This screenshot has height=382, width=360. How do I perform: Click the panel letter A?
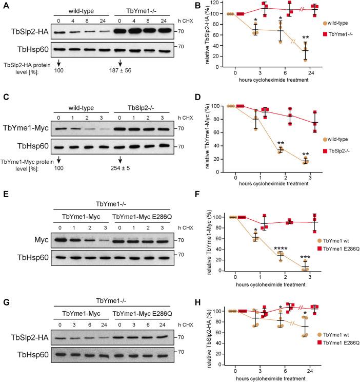[x=5, y=5]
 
